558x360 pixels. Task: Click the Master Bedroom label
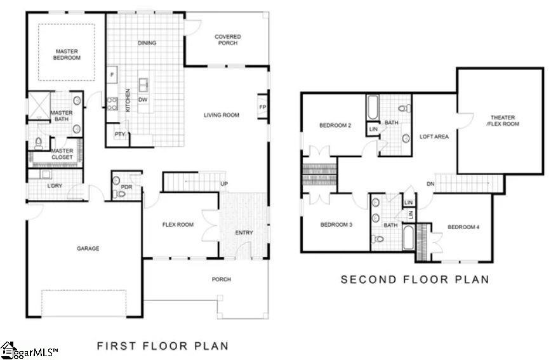pos(67,55)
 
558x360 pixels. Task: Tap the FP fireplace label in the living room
pos(262,107)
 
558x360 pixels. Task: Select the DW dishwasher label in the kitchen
pos(143,100)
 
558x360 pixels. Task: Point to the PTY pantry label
pos(119,134)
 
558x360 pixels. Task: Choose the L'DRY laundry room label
pos(55,186)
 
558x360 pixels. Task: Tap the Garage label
pos(88,248)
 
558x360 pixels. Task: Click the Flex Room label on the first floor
pos(178,224)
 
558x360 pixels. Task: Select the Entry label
pos(244,232)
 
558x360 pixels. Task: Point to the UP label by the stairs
pos(223,184)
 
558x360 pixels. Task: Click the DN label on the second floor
pos(430,184)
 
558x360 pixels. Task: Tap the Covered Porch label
pos(227,40)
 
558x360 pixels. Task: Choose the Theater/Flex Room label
pos(502,121)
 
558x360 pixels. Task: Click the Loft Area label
pos(434,137)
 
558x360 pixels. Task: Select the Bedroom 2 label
pos(335,125)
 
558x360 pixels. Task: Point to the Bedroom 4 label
pos(463,227)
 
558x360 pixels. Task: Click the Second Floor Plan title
pos(415,279)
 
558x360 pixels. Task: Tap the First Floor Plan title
pos(162,346)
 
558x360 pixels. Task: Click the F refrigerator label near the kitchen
pos(112,75)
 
